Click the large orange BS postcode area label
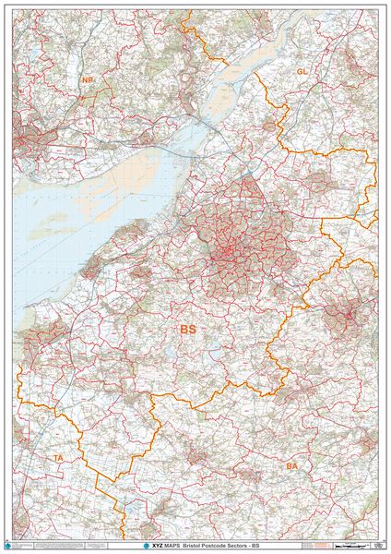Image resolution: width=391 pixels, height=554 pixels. (188, 329)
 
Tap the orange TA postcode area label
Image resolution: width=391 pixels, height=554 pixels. (58, 458)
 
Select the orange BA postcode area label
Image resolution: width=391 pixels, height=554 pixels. (292, 467)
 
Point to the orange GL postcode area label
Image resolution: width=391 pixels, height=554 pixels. (302, 71)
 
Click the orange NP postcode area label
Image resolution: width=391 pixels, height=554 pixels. (88, 80)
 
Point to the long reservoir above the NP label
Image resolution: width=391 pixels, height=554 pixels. (71, 60)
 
